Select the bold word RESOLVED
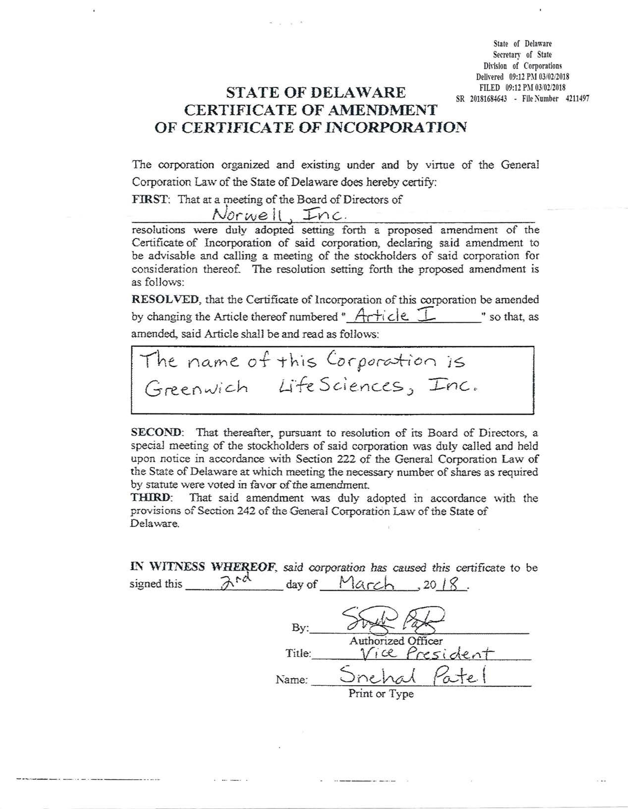pos(166,299)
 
